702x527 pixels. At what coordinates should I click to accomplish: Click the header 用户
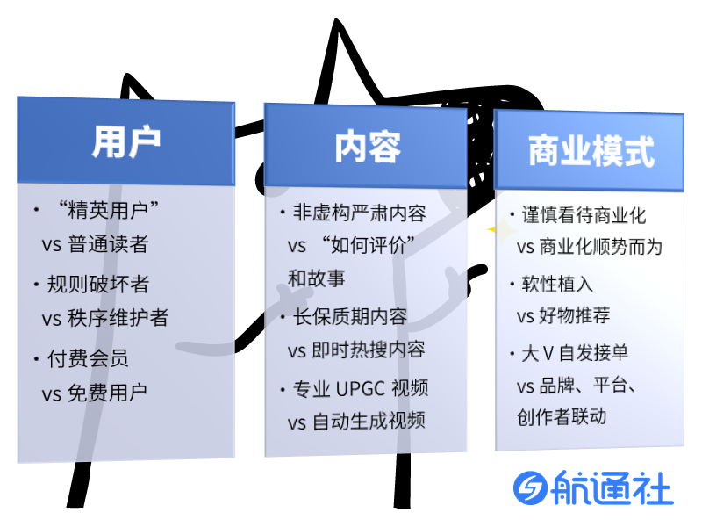(125, 142)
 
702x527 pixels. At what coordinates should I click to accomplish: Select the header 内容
(368, 147)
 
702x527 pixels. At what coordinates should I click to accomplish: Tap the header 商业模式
(591, 151)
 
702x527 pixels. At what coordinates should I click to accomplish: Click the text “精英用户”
(109, 210)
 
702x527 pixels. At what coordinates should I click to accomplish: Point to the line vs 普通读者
(95, 244)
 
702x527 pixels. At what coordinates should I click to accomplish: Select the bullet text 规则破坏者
(98, 284)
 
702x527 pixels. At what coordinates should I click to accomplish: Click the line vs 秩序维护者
(105, 318)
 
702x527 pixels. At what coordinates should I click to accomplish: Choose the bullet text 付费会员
(88, 358)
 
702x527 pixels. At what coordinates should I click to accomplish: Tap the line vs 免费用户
(95, 393)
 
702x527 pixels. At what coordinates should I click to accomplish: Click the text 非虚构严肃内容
(360, 213)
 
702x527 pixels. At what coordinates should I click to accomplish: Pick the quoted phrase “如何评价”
(368, 245)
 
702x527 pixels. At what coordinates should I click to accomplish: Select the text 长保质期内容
(350, 316)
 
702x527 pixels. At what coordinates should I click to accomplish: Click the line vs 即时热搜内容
(356, 350)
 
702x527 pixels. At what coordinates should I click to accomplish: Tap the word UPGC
(361, 388)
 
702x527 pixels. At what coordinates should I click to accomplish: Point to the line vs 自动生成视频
(356, 422)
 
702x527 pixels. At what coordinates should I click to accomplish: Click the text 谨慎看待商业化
(584, 215)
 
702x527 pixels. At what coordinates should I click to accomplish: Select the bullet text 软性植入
(557, 284)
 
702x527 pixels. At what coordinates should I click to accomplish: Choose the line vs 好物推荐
(563, 315)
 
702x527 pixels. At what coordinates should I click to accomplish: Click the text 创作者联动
(562, 416)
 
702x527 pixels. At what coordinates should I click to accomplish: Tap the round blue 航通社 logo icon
(531, 487)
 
